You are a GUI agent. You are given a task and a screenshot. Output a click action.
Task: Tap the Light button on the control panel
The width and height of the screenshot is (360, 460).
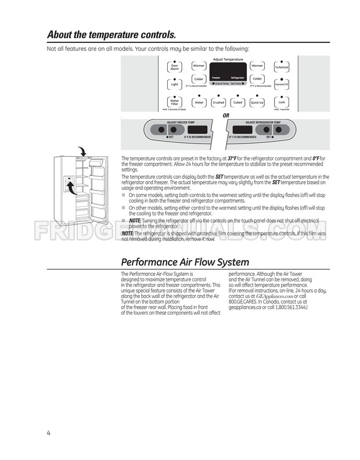174,84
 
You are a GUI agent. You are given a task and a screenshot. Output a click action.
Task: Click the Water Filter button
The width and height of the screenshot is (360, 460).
174,102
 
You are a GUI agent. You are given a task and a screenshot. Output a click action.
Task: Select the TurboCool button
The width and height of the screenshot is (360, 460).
282,67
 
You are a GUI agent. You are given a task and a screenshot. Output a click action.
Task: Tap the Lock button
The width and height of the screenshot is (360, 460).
282,102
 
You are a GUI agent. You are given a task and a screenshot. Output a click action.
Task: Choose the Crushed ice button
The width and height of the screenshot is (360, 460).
218,102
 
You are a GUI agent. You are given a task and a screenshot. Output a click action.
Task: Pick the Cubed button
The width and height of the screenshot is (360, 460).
237,102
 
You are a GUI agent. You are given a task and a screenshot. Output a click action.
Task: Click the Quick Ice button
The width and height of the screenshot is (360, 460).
257,102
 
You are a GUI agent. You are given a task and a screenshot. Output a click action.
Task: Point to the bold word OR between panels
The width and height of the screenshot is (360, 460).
226,115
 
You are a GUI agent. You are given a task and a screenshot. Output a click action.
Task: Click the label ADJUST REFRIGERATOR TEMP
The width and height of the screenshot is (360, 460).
263,123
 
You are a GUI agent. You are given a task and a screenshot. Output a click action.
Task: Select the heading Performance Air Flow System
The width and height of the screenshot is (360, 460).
185,262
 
